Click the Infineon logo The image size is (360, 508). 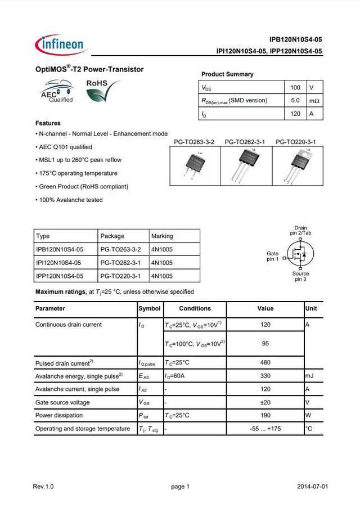tap(59, 44)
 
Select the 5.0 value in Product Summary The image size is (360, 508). tap(295, 101)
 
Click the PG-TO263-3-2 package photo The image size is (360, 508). tap(193, 166)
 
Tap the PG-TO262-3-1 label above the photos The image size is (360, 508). tap(245, 142)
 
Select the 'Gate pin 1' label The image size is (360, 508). tap(272, 256)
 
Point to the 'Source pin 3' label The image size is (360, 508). tap(300, 276)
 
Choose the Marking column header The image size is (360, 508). tap(162, 236)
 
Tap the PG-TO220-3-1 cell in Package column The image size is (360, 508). tap(120, 276)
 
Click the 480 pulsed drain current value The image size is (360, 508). tap(265, 363)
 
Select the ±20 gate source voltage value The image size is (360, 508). tap(265, 402)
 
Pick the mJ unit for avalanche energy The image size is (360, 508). tap(309, 376)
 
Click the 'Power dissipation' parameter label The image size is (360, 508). tap(59, 415)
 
